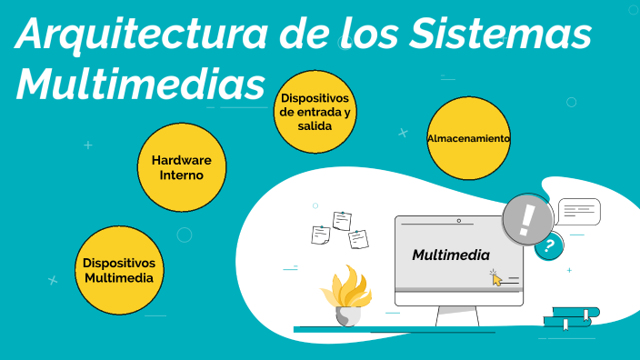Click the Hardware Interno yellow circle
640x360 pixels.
(182, 167)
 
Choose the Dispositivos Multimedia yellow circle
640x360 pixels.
(118, 270)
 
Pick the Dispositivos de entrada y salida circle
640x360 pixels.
(315, 112)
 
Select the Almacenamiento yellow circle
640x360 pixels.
(469, 138)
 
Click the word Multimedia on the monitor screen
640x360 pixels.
(451, 255)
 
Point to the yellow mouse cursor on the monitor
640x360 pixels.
(495, 277)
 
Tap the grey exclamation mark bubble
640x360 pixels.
(527, 219)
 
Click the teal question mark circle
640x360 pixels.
(548, 245)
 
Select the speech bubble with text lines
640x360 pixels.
(579, 212)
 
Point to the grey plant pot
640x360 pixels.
(348, 315)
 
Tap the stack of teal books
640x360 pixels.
(571, 317)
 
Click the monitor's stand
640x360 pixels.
(457, 315)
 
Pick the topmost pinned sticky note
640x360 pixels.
(342, 219)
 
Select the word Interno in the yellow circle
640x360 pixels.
(182, 175)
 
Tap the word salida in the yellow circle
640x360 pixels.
(315, 125)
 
